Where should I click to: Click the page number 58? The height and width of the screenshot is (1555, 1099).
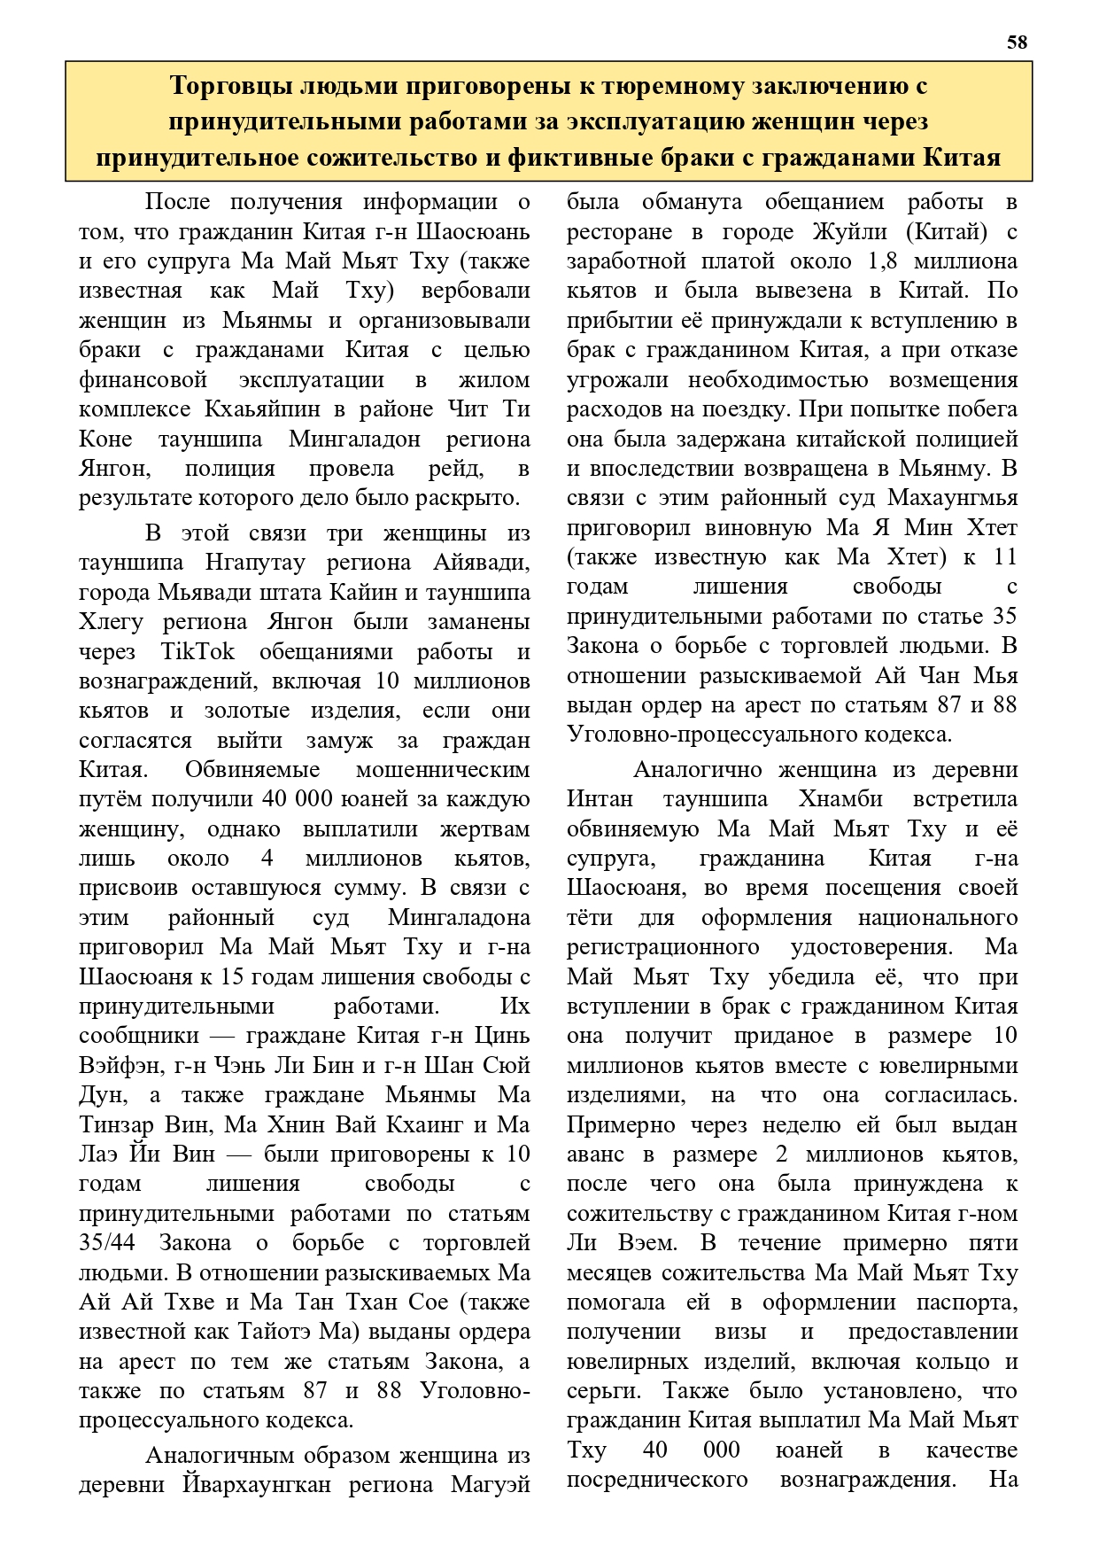[1018, 42]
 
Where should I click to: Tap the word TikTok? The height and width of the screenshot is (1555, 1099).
[198, 651]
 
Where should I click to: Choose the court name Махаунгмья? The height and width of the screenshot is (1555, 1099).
[952, 498]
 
